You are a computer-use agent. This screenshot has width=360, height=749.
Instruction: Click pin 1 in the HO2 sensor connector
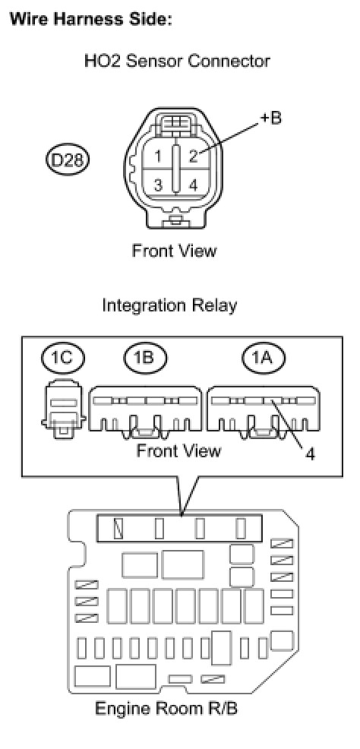[158, 156]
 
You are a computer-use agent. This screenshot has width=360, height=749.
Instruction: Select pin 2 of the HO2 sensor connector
[194, 156]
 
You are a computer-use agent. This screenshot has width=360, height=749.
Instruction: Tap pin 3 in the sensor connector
[158, 185]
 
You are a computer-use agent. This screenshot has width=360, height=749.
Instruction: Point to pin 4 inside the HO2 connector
[194, 185]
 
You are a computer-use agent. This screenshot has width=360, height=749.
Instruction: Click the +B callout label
[270, 118]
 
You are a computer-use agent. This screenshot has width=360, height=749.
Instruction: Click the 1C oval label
[64, 359]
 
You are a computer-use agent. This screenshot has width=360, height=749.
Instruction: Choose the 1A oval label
[264, 359]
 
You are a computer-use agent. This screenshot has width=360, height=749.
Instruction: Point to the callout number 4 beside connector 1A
[310, 454]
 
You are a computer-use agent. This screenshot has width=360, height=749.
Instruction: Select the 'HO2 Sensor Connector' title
[177, 61]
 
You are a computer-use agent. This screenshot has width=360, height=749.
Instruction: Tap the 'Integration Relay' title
[169, 305]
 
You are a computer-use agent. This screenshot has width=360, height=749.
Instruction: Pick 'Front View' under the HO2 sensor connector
[174, 251]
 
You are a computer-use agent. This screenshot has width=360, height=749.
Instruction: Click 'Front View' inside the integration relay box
[178, 450]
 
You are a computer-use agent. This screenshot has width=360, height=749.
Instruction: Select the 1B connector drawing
[144, 411]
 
